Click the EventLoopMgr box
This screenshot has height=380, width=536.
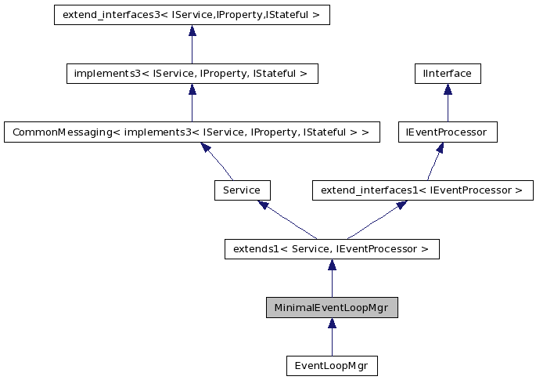(x=332, y=366)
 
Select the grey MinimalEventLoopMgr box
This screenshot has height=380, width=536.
(x=332, y=308)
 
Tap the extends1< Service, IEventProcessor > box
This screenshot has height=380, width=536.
(x=332, y=249)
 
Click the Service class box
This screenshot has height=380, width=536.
(x=242, y=190)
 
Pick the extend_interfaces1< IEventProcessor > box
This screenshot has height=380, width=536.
(x=422, y=190)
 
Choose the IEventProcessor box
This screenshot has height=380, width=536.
(x=447, y=132)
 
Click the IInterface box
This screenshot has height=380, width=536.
(x=447, y=74)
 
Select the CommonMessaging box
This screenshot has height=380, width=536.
(x=192, y=132)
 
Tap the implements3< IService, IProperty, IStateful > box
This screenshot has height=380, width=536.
(x=192, y=74)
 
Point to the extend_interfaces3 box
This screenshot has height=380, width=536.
(x=192, y=15)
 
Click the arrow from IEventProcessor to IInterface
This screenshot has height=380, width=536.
(x=447, y=103)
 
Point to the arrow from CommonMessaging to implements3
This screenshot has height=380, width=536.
(x=192, y=103)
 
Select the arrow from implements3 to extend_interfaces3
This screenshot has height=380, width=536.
(x=192, y=45)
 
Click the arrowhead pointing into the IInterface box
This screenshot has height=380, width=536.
(x=447, y=89)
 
